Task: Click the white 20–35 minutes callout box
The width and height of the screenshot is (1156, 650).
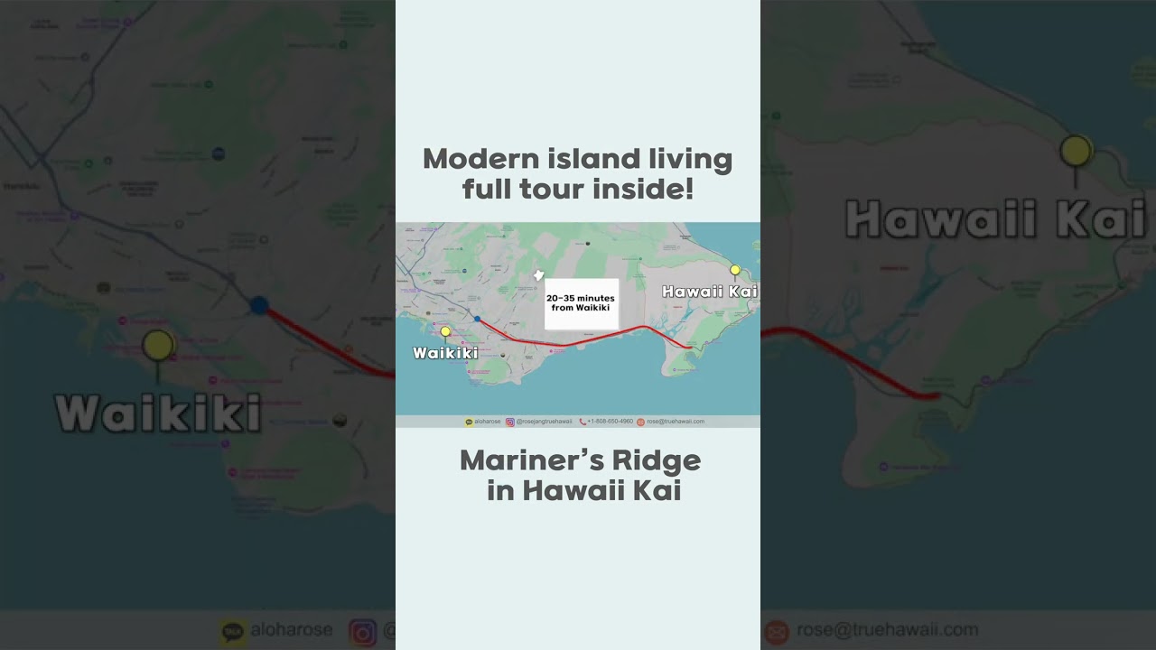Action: [x=581, y=303]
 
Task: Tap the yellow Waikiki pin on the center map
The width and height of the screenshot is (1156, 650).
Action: [x=445, y=331]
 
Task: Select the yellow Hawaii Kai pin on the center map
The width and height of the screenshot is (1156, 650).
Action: [x=735, y=270]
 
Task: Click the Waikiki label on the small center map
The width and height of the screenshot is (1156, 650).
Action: [x=445, y=353]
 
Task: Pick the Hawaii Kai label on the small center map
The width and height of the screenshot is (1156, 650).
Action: [x=709, y=292]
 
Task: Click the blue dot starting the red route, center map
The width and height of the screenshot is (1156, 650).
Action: [x=477, y=319]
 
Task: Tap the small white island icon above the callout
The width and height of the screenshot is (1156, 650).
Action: [x=539, y=274]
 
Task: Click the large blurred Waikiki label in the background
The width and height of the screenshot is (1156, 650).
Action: [x=158, y=413]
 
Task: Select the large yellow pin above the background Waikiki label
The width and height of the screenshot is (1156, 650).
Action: [x=158, y=345]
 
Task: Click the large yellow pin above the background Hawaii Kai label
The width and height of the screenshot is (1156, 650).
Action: [x=1076, y=151]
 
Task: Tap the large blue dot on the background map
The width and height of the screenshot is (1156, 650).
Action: [x=259, y=305]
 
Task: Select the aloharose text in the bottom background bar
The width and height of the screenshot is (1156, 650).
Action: [x=292, y=629]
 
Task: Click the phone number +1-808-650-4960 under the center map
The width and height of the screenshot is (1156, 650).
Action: [x=610, y=422]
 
